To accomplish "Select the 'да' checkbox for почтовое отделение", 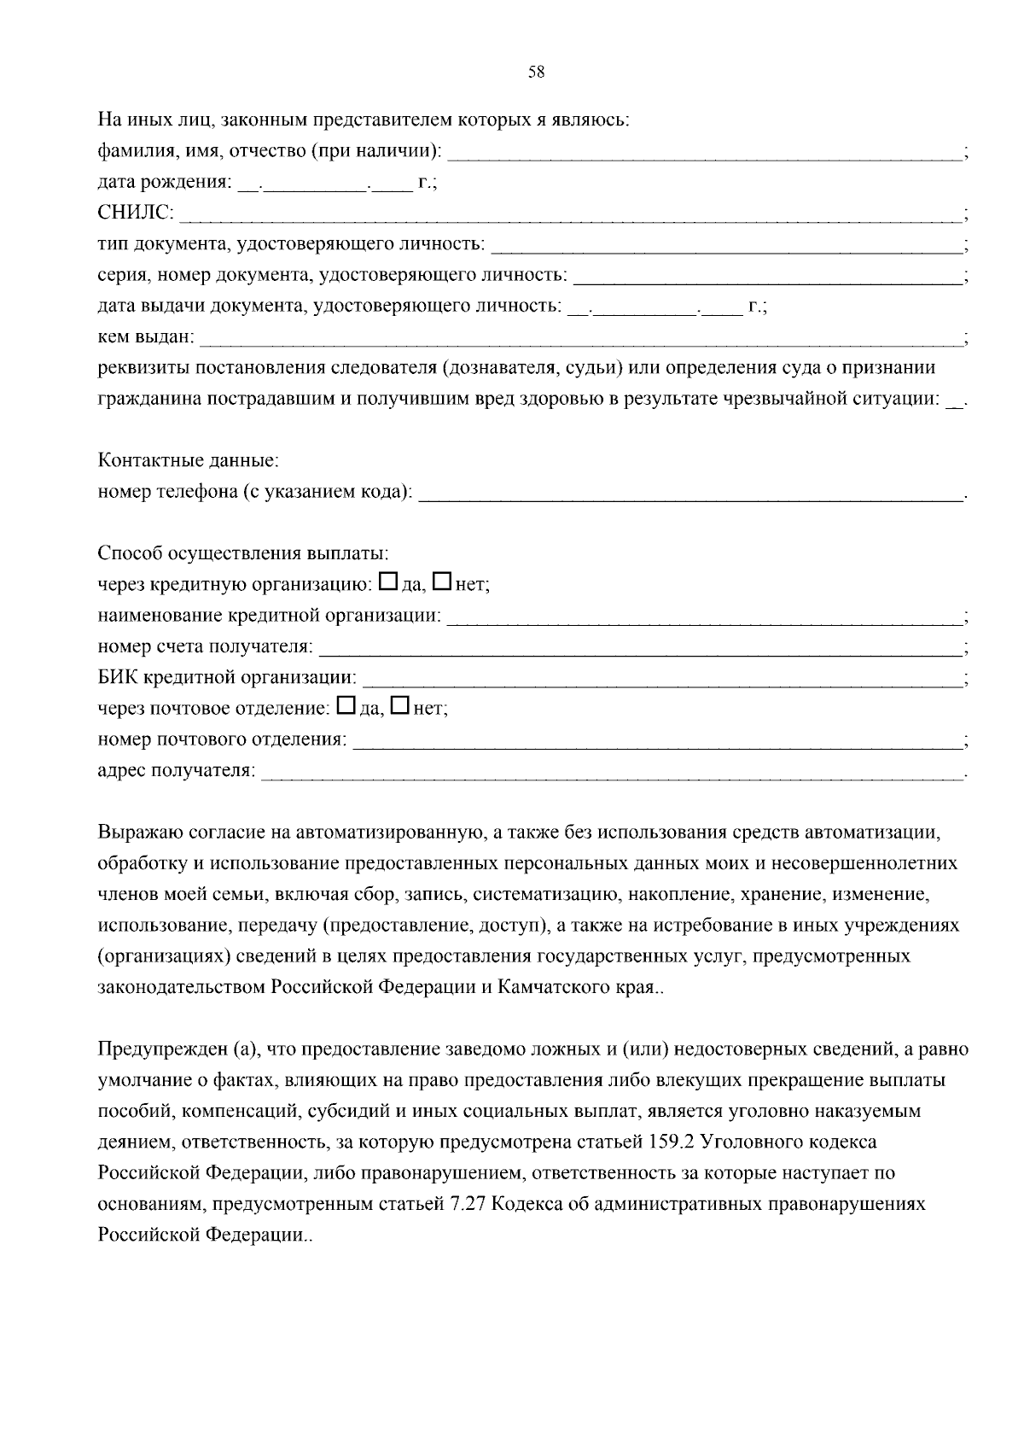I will [346, 706].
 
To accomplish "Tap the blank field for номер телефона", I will [691, 493].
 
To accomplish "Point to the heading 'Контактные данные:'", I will [189, 461].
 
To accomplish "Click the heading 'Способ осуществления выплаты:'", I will [243, 553].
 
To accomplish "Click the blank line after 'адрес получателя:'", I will [610, 771].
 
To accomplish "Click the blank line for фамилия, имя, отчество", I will [704, 152].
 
